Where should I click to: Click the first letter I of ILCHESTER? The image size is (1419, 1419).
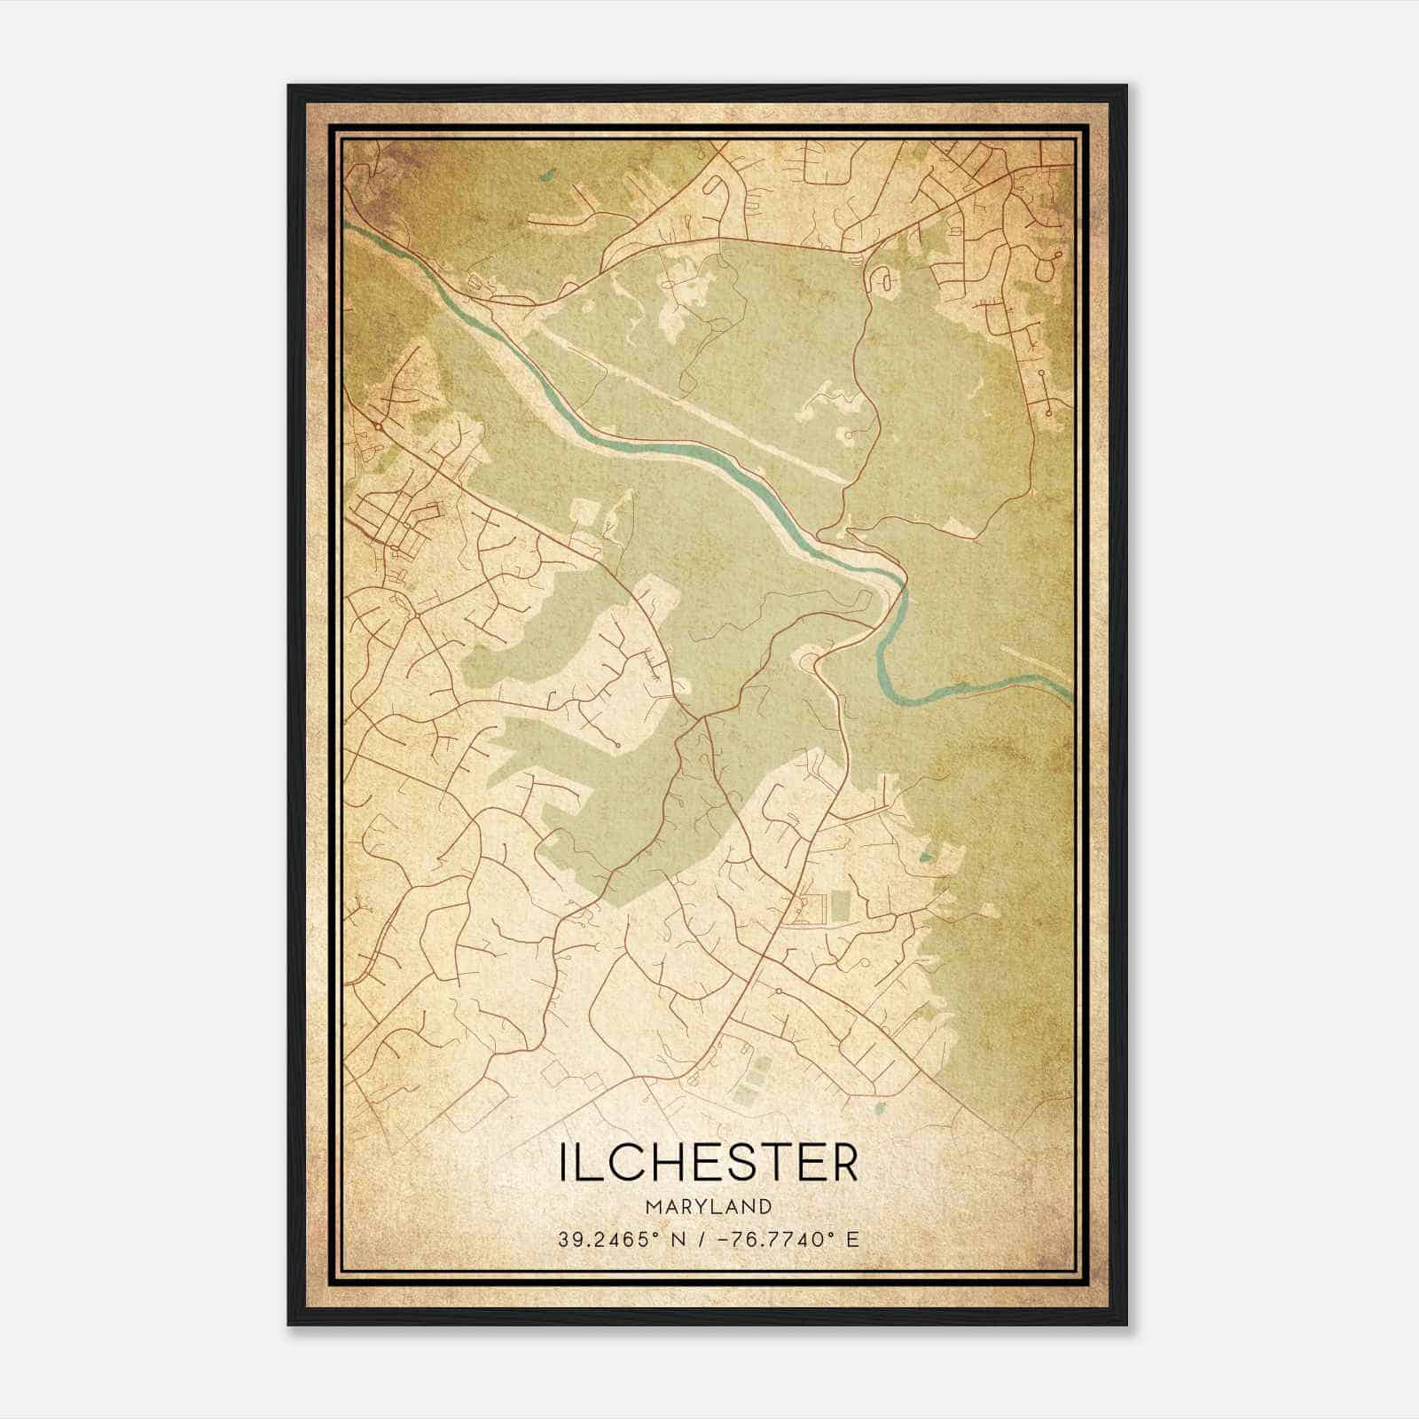[563, 1162]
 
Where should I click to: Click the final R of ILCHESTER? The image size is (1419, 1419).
[844, 1162]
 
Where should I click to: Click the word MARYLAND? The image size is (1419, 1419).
[709, 1207]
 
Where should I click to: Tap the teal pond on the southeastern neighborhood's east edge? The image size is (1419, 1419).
[927, 857]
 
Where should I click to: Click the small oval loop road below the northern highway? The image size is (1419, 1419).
[884, 281]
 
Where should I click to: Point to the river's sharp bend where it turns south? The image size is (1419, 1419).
[902, 585]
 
